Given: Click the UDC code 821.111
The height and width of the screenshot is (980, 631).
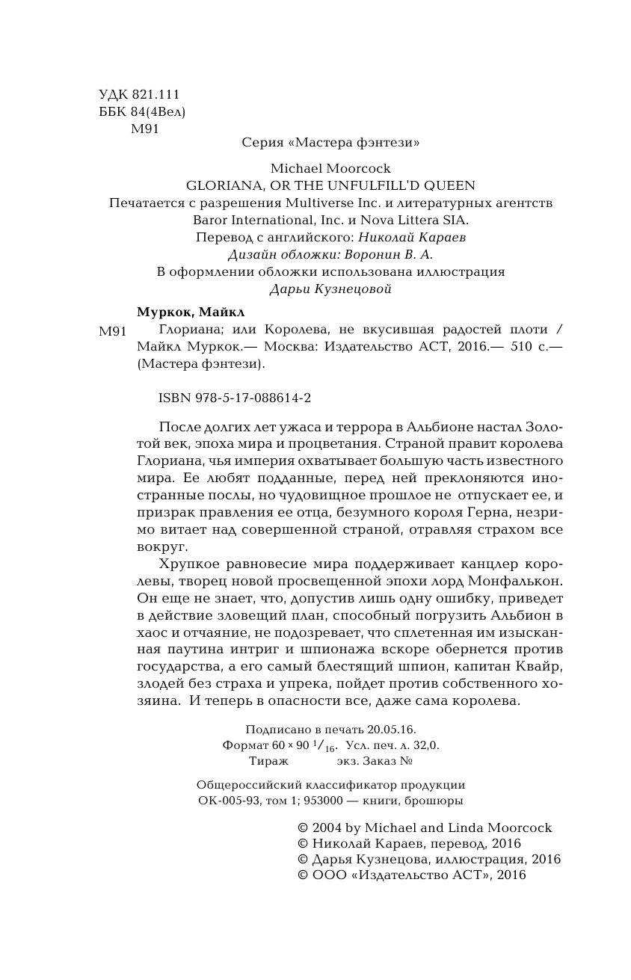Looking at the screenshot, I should [x=156, y=95].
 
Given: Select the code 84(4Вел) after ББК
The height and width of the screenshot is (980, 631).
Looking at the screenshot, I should [x=158, y=112].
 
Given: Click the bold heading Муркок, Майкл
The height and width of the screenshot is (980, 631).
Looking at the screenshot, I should [x=191, y=312].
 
